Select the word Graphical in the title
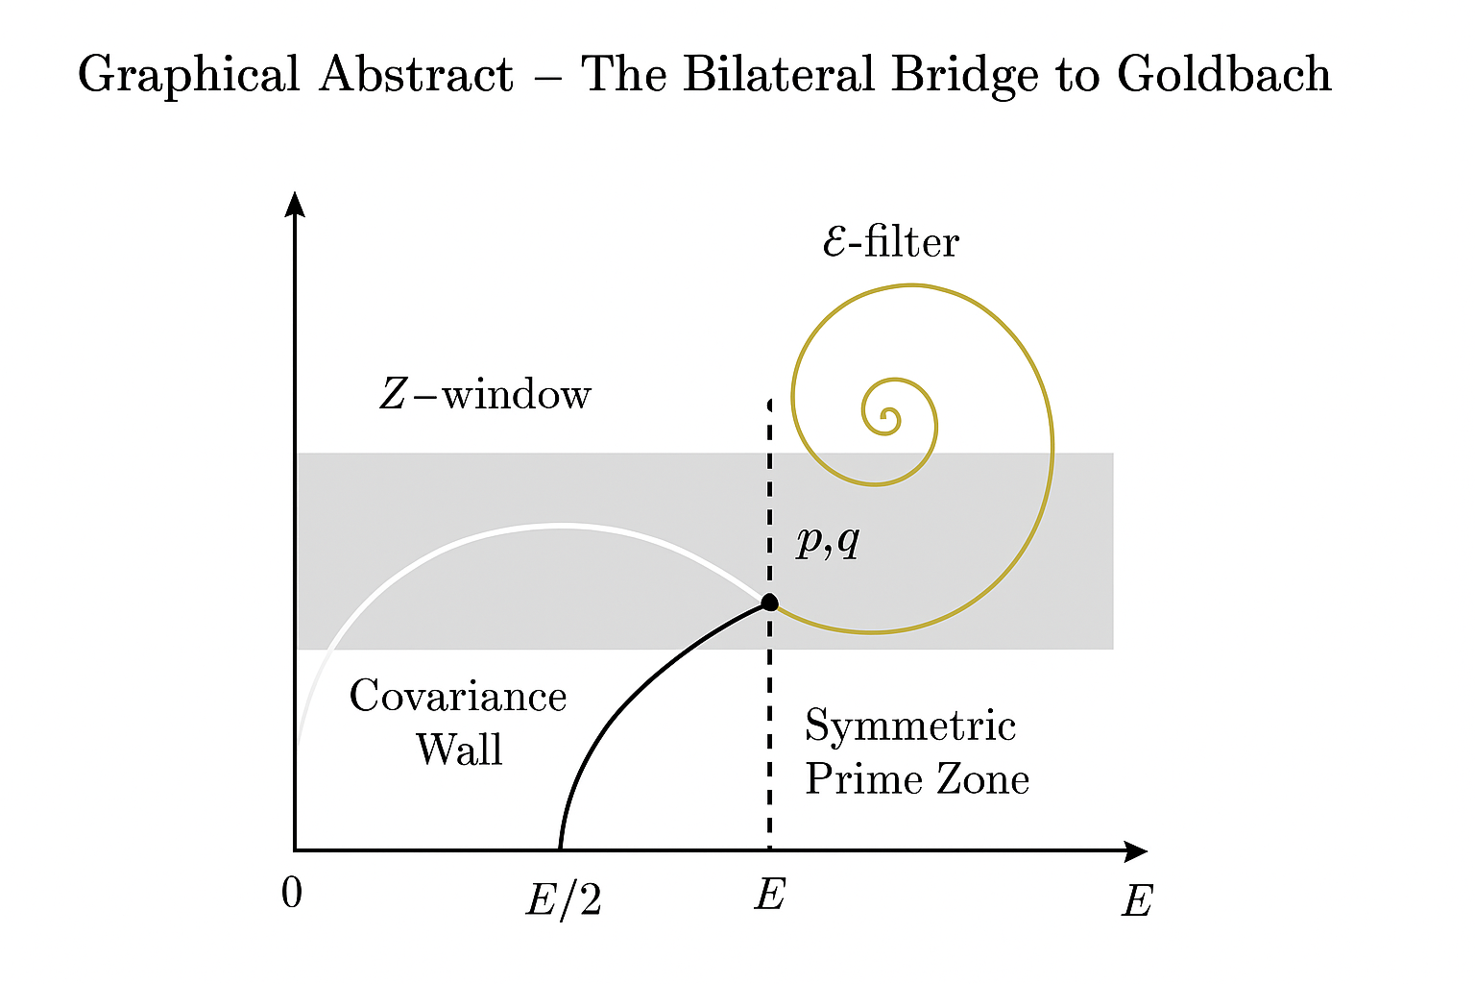point(188,75)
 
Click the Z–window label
point(485,394)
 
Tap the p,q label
point(828,543)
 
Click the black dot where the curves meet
point(769,603)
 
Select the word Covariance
point(457,697)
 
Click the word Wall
point(458,750)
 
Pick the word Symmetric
point(909,726)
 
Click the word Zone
point(982,779)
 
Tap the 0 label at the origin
point(292,894)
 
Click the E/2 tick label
point(564,900)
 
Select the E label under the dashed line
point(770,895)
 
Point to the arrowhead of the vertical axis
point(296,204)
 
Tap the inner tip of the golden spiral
point(888,420)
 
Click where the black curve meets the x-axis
point(560,849)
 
